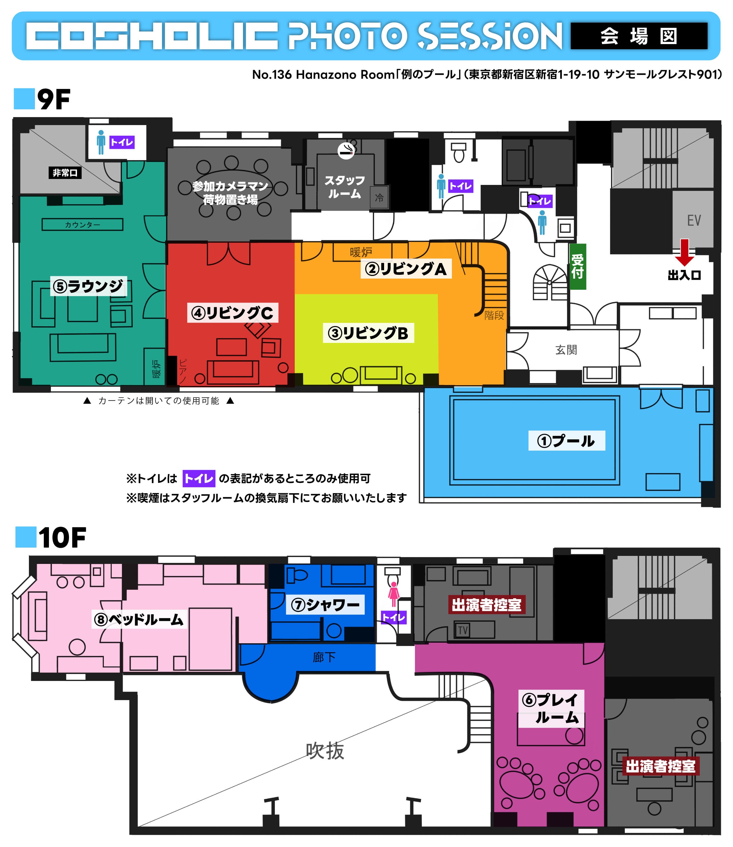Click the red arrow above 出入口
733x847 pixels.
click(x=684, y=252)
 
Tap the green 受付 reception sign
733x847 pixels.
click(x=578, y=267)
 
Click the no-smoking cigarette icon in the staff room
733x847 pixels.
click(x=346, y=151)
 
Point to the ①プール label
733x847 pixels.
click(x=566, y=441)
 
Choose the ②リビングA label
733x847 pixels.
click(x=406, y=269)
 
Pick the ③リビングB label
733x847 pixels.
click(x=368, y=333)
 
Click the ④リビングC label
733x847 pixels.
click(x=232, y=313)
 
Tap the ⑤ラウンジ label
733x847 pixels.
click(x=88, y=286)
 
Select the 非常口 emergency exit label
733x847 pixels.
click(x=65, y=173)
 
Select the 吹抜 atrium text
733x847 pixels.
click(x=325, y=751)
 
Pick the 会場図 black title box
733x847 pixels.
click(x=639, y=36)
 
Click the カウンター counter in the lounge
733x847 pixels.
click(x=82, y=224)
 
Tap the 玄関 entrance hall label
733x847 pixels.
click(x=566, y=350)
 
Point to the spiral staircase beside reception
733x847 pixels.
click(x=550, y=282)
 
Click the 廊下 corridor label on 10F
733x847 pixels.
click(x=324, y=657)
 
